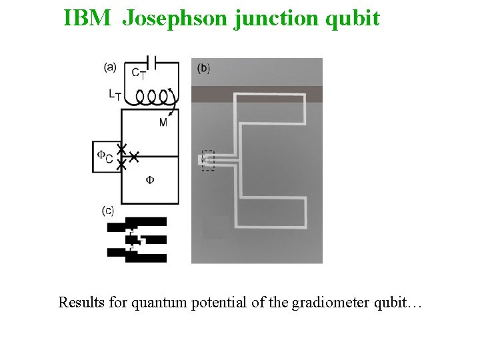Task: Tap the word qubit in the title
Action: [x=351, y=18]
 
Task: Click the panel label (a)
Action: [x=111, y=66]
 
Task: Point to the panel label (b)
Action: [x=204, y=68]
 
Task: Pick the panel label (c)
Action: [x=108, y=211]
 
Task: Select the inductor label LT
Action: [x=115, y=95]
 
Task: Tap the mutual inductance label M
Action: [x=163, y=122]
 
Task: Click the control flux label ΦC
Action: [x=105, y=156]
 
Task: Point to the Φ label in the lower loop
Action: [x=150, y=179]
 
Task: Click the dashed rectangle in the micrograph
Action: [x=207, y=160]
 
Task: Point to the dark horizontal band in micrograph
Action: [x=257, y=94]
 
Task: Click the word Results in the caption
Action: [x=82, y=303]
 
